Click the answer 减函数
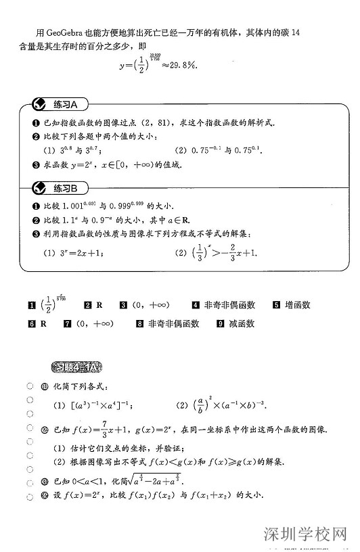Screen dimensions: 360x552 [x=241, y=324]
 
